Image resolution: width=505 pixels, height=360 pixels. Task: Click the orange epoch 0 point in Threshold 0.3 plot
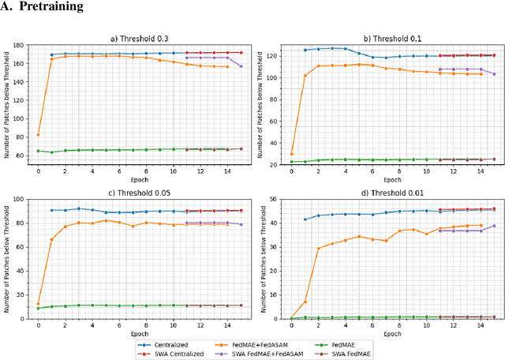tap(38, 134)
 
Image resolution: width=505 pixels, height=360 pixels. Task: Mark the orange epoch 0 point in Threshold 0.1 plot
tap(291, 154)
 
